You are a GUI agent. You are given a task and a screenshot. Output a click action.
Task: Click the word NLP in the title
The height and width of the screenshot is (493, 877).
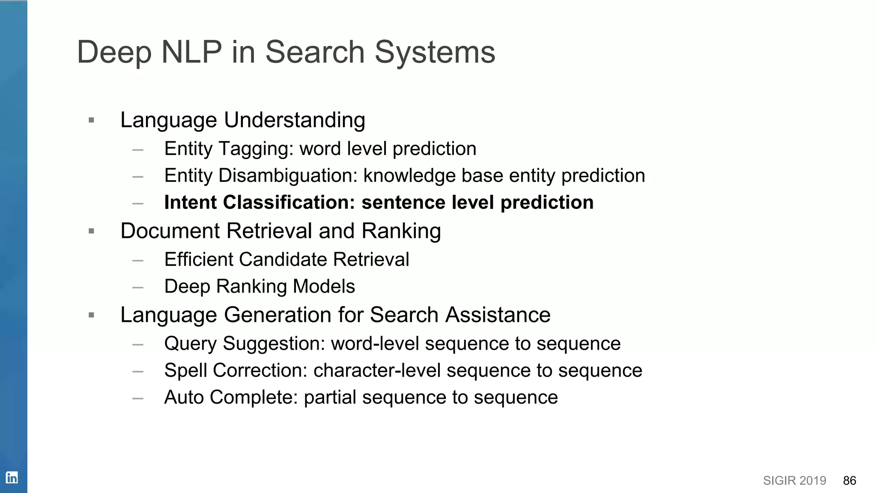click(191, 52)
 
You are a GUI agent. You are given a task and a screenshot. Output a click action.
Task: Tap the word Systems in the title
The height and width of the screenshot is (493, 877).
click(435, 52)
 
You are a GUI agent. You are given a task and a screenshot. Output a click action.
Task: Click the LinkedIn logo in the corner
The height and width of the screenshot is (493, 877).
click(12, 477)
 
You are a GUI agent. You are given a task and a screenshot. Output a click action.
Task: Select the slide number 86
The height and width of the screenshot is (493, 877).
click(849, 481)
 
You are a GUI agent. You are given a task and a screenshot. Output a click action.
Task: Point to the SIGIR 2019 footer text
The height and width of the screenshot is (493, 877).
click(794, 481)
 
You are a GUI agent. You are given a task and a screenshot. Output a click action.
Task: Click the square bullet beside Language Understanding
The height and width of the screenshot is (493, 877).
click(91, 120)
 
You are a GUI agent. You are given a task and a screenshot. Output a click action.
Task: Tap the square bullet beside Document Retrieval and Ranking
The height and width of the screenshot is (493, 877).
click(91, 232)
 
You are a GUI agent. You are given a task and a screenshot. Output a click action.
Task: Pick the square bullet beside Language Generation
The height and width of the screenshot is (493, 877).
click(91, 315)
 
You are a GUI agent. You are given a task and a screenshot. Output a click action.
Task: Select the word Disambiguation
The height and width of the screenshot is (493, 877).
click(288, 176)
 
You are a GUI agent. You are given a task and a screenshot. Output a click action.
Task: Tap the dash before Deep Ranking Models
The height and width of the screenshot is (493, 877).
click(138, 287)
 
